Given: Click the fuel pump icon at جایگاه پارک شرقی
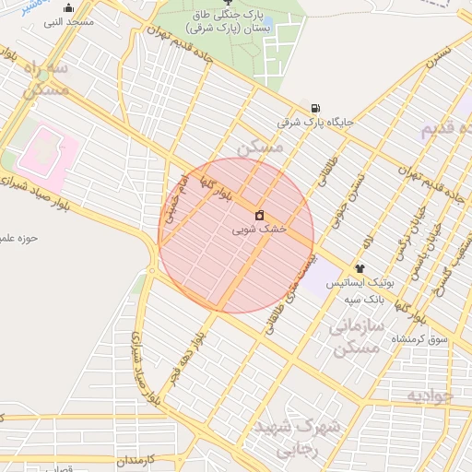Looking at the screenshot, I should point(316,107).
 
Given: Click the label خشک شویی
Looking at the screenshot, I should point(259,228).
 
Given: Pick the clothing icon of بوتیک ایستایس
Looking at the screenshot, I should point(359,267).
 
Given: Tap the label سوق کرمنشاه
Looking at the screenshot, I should point(419,339).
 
